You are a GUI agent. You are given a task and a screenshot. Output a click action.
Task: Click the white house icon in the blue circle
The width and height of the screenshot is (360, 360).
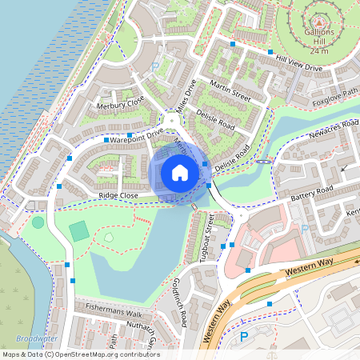(180, 172)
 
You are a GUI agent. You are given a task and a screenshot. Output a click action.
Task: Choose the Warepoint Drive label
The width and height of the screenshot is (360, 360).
(136, 137)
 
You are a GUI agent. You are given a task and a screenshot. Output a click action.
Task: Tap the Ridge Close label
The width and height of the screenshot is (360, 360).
(118, 195)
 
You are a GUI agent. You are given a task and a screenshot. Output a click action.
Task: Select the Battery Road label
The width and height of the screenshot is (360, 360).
(311, 194)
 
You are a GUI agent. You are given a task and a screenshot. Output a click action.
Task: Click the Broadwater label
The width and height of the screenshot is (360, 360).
(35, 339)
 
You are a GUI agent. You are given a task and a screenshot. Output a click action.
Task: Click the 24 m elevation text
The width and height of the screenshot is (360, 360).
(319, 50)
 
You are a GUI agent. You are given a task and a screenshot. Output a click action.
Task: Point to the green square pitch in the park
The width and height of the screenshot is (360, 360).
(79, 232)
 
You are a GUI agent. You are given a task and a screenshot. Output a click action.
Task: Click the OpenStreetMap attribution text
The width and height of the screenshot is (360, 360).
(80, 354)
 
